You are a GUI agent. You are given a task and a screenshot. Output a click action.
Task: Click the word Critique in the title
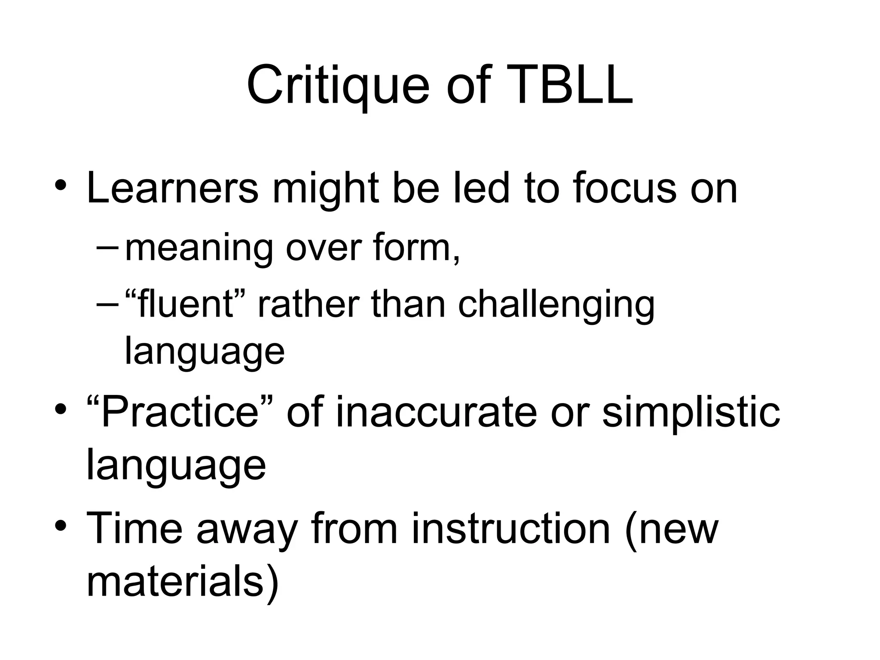pyautogui.click(x=338, y=86)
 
